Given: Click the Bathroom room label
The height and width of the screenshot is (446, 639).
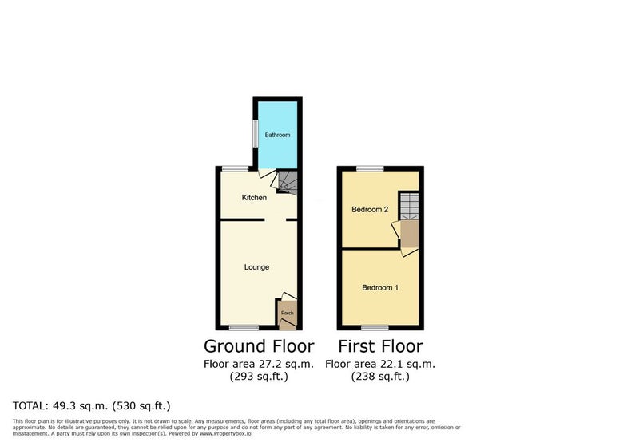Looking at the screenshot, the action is click(x=277, y=135).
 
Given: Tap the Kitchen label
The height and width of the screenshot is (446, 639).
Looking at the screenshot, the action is click(x=254, y=197).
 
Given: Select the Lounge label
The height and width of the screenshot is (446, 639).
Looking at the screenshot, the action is click(x=256, y=267).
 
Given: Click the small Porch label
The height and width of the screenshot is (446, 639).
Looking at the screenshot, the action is click(x=288, y=313).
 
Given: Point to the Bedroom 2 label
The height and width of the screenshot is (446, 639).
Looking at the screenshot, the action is click(x=370, y=210).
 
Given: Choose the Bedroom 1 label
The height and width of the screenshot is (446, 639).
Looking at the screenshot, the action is click(x=380, y=288).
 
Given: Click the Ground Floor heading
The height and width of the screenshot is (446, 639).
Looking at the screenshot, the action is click(x=259, y=346).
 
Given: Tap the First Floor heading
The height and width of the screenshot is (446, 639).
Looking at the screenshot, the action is click(x=381, y=346).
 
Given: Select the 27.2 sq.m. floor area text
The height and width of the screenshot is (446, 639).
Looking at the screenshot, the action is click(x=259, y=364).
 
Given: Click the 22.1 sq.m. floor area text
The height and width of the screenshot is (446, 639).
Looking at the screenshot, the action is click(x=380, y=364).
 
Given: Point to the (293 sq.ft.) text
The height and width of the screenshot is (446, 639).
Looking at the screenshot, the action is click(x=259, y=377).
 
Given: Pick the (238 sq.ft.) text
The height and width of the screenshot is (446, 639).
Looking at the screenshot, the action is click(x=380, y=377).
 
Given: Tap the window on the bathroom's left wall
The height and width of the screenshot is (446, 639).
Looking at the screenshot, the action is click(x=255, y=134).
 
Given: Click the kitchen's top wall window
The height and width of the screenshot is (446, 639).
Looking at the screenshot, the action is click(x=235, y=168).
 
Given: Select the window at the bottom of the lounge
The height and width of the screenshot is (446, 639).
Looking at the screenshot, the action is click(x=244, y=328).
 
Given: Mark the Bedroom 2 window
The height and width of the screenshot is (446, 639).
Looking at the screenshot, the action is click(x=370, y=168).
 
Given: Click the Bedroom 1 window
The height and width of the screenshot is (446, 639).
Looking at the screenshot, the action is click(x=375, y=328).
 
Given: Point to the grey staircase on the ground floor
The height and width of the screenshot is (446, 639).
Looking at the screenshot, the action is click(x=288, y=181).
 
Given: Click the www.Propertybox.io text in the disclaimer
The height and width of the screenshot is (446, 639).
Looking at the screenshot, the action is click(x=225, y=434).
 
